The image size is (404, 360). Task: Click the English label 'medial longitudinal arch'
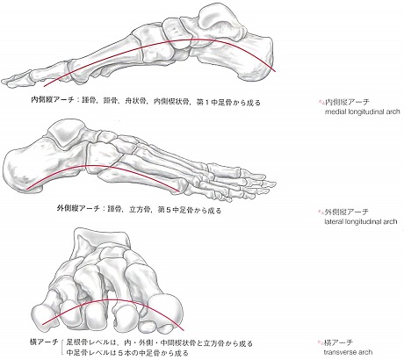(x=362, y=112)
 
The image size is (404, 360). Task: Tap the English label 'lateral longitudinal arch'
(x=361, y=221)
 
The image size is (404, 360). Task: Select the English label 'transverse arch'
(x=348, y=352)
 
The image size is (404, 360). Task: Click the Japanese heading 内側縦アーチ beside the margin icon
(x=347, y=102)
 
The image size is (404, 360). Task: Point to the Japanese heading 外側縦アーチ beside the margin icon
(x=346, y=212)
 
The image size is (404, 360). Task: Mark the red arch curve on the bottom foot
(x=112, y=299)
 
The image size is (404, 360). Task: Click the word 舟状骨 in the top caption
(x=135, y=102)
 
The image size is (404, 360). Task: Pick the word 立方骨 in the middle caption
(x=140, y=210)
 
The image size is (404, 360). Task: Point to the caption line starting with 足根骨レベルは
(x=160, y=343)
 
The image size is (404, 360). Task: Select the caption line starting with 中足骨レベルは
(x=127, y=352)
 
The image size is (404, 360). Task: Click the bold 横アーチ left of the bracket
(x=44, y=342)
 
